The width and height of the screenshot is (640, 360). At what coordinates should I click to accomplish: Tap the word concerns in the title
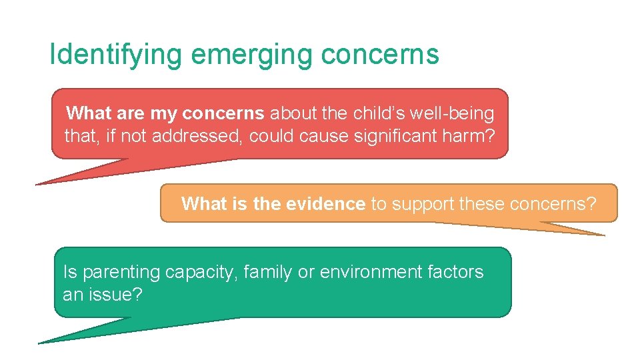(x=380, y=55)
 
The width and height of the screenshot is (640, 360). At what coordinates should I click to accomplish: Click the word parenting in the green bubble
(x=120, y=272)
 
